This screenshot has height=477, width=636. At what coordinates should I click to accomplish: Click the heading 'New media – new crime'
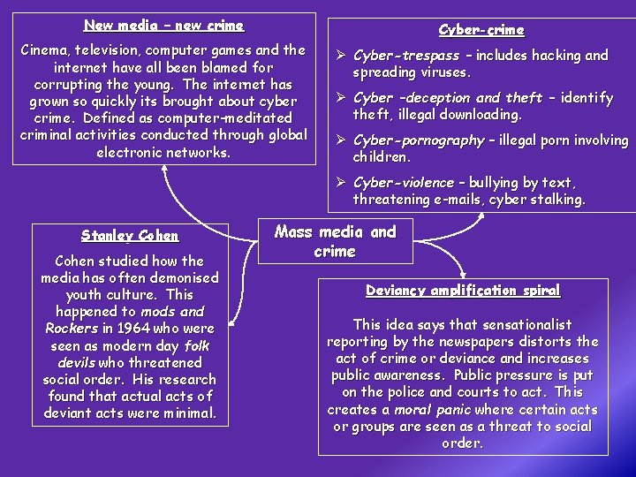pyautogui.click(x=163, y=26)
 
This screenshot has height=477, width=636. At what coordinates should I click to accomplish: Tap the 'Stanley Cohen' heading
pyautogui.click(x=130, y=236)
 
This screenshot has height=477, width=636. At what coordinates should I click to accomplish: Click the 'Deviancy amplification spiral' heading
pyautogui.click(x=464, y=291)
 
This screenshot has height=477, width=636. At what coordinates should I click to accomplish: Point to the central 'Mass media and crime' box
pyautogui.click(x=335, y=241)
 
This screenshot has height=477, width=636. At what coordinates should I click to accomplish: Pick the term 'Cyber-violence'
pyautogui.click(x=404, y=183)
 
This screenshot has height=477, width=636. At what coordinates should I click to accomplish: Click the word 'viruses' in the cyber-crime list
pyautogui.click(x=443, y=72)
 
